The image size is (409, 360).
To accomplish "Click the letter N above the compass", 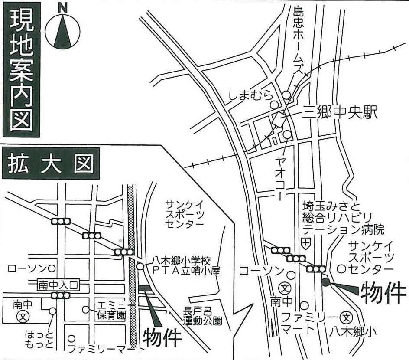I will [x=63, y=7].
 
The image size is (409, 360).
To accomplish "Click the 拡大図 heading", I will [x=51, y=163].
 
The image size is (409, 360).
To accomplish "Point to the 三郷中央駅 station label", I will [x=341, y=112].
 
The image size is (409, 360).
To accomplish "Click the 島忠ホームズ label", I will [x=298, y=39].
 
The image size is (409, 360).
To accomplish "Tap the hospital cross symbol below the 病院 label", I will [x=307, y=243].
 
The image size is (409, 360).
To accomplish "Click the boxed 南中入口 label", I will [x=58, y=285].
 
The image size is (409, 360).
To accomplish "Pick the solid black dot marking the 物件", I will [x=326, y=282].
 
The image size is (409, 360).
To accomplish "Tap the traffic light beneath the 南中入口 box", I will [x=61, y=295].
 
